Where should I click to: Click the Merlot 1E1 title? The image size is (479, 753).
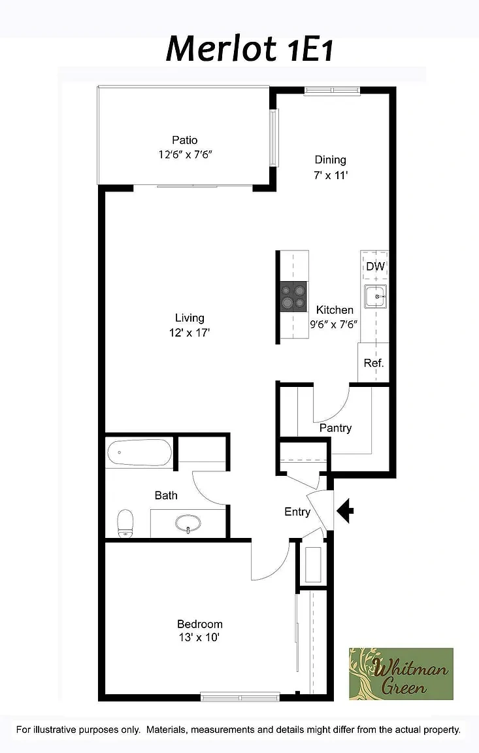[250, 49]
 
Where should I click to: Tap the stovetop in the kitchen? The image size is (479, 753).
[293, 297]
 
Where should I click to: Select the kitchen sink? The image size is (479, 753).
[375, 297]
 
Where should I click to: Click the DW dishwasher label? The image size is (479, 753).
[375, 266]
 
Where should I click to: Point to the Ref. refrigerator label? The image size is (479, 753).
[373, 363]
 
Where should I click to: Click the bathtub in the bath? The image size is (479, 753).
[139, 452]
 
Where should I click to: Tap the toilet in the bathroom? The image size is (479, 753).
[125, 524]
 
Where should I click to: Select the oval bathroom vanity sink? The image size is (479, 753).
[188, 524]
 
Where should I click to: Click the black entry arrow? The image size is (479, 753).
[345, 511]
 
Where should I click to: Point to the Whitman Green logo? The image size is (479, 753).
[401, 674]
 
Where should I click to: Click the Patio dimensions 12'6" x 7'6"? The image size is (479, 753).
[186, 155]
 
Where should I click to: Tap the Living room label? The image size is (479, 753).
[190, 318]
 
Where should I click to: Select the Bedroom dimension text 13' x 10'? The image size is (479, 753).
[199, 637]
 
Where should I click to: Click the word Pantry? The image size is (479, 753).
[335, 428]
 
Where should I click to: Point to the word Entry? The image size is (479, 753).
[297, 512]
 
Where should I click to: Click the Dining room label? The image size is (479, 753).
[330, 159]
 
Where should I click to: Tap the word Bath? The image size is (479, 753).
[166, 495]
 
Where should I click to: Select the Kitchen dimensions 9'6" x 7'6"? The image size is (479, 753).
[333, 325]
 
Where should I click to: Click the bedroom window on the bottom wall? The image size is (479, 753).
[240, 696]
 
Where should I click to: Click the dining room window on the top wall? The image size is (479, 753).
[332, 90]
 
